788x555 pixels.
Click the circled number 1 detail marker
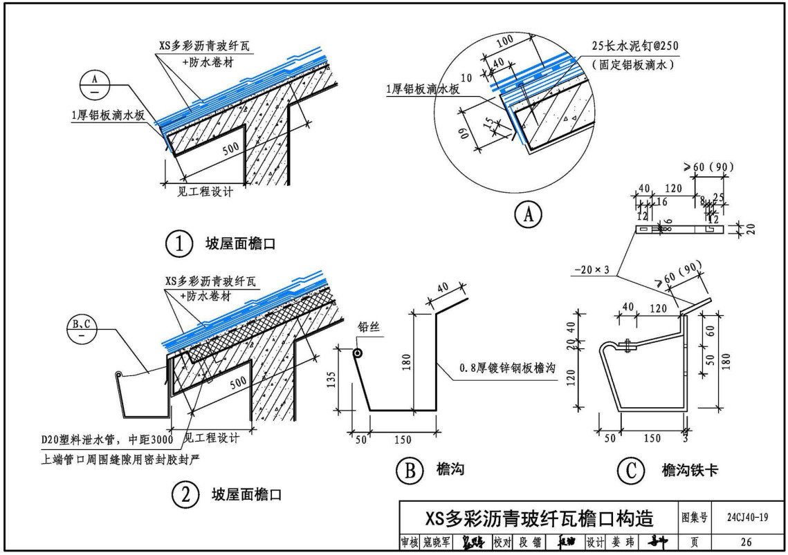(178, 243)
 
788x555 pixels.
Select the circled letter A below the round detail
(528, 216)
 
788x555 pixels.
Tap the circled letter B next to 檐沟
(409, 471)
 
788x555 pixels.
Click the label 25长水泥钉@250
(635, 46)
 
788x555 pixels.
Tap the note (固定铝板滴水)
(632, 64)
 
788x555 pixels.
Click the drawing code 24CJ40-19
(746, 517)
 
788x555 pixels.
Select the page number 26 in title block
(746, 543)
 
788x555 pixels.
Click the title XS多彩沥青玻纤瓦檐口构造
(539, 518)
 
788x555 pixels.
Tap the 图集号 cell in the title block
(695, 517)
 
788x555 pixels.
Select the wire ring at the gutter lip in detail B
(358, 353)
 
